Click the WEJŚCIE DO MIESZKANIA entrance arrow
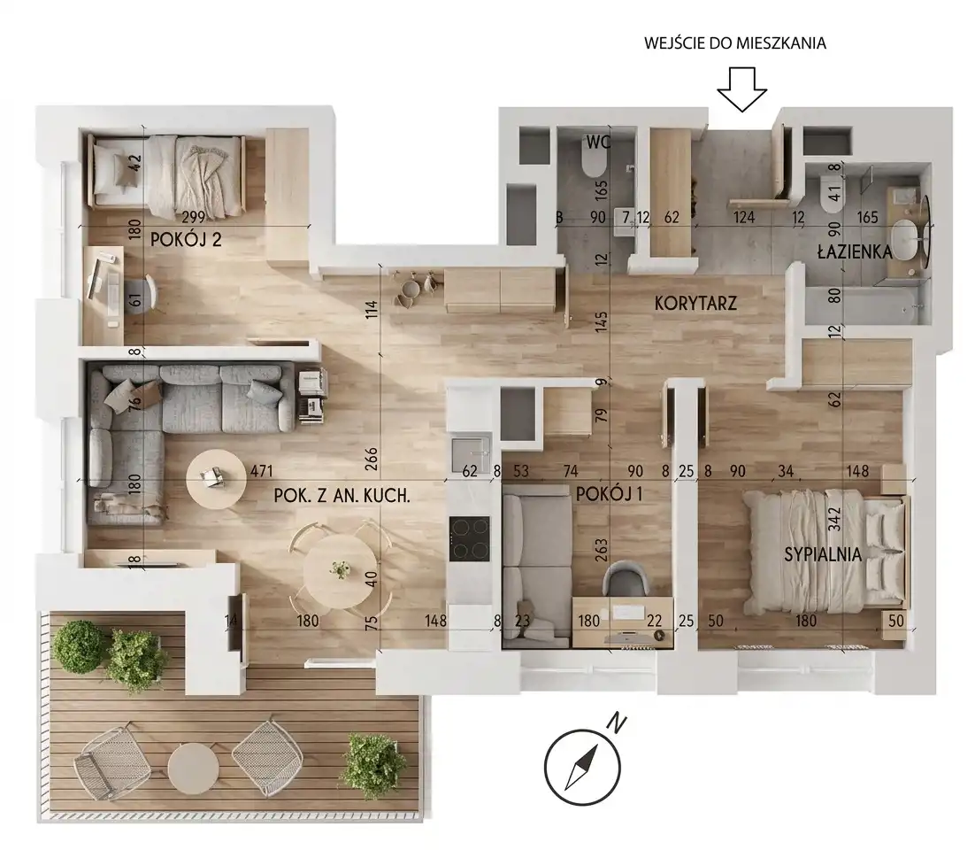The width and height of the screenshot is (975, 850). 741,89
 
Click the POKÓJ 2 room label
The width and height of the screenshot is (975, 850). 186,240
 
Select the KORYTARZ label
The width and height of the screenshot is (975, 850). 695,303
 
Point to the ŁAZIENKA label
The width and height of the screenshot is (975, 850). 855,252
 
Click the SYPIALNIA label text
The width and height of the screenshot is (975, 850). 823,554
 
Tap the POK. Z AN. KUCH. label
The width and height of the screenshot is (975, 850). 342,496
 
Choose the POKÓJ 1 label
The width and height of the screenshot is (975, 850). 609,495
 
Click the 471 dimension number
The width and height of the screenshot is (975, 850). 261,471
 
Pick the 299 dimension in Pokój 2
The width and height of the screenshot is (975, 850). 193,217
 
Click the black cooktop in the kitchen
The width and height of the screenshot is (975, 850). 470,539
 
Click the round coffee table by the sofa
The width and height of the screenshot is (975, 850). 216,478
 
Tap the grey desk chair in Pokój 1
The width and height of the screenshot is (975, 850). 624,580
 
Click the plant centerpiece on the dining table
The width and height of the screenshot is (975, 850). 340,569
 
